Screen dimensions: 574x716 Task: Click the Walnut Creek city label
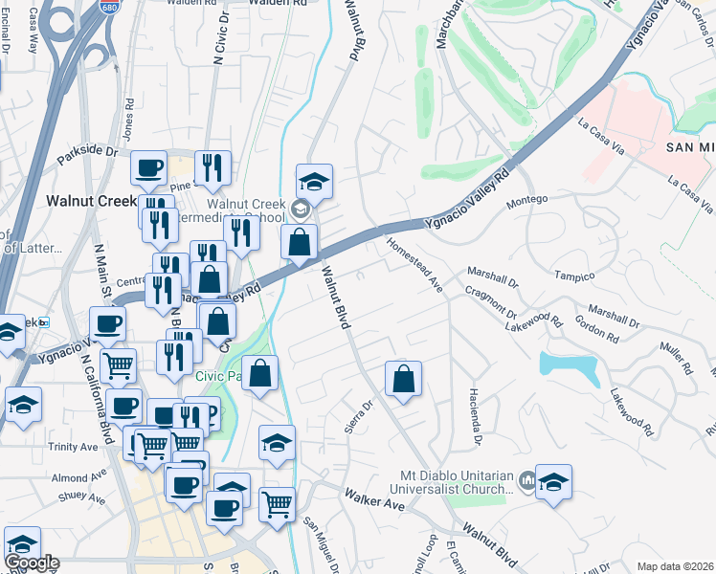92,201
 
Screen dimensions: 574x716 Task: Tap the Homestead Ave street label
415,264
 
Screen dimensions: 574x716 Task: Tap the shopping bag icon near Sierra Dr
403,379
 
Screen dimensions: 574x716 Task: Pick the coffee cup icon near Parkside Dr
148,168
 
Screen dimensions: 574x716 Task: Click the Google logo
32,563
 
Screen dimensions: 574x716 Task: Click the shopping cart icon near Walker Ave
277,504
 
